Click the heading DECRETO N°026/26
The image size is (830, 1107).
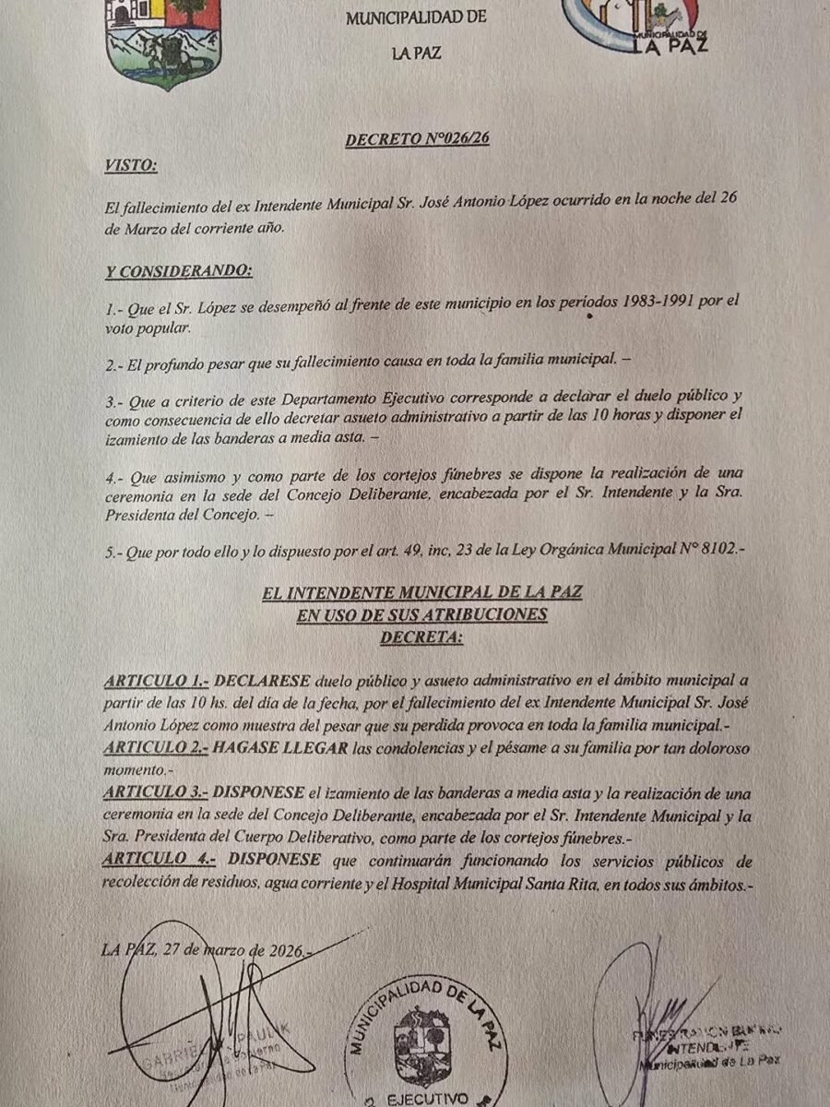pyautogui.click(x=417, y=140)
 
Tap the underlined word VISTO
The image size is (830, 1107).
pyautogui.click(x=131, y=165)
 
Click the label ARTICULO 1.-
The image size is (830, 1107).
pyautogui.click(x=157, y=683)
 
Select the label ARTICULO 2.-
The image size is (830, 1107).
pyautogui.click(x=157, y=748)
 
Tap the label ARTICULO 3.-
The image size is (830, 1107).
pyautogui.click(x=157, y=793)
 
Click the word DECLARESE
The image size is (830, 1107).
pyautogui.click(x=262, y=683)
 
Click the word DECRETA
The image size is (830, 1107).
pyautogui.click(x=421, y=636)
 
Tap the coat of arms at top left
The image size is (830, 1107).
pyautogui.click(x=164, y=42)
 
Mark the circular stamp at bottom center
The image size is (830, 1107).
pyautogui.click(x=426, y=1042)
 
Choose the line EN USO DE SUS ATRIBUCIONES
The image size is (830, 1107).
pyautogui.click(x=421, y=614)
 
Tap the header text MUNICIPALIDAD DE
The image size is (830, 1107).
pyautogui.click(x=416, y=18)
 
